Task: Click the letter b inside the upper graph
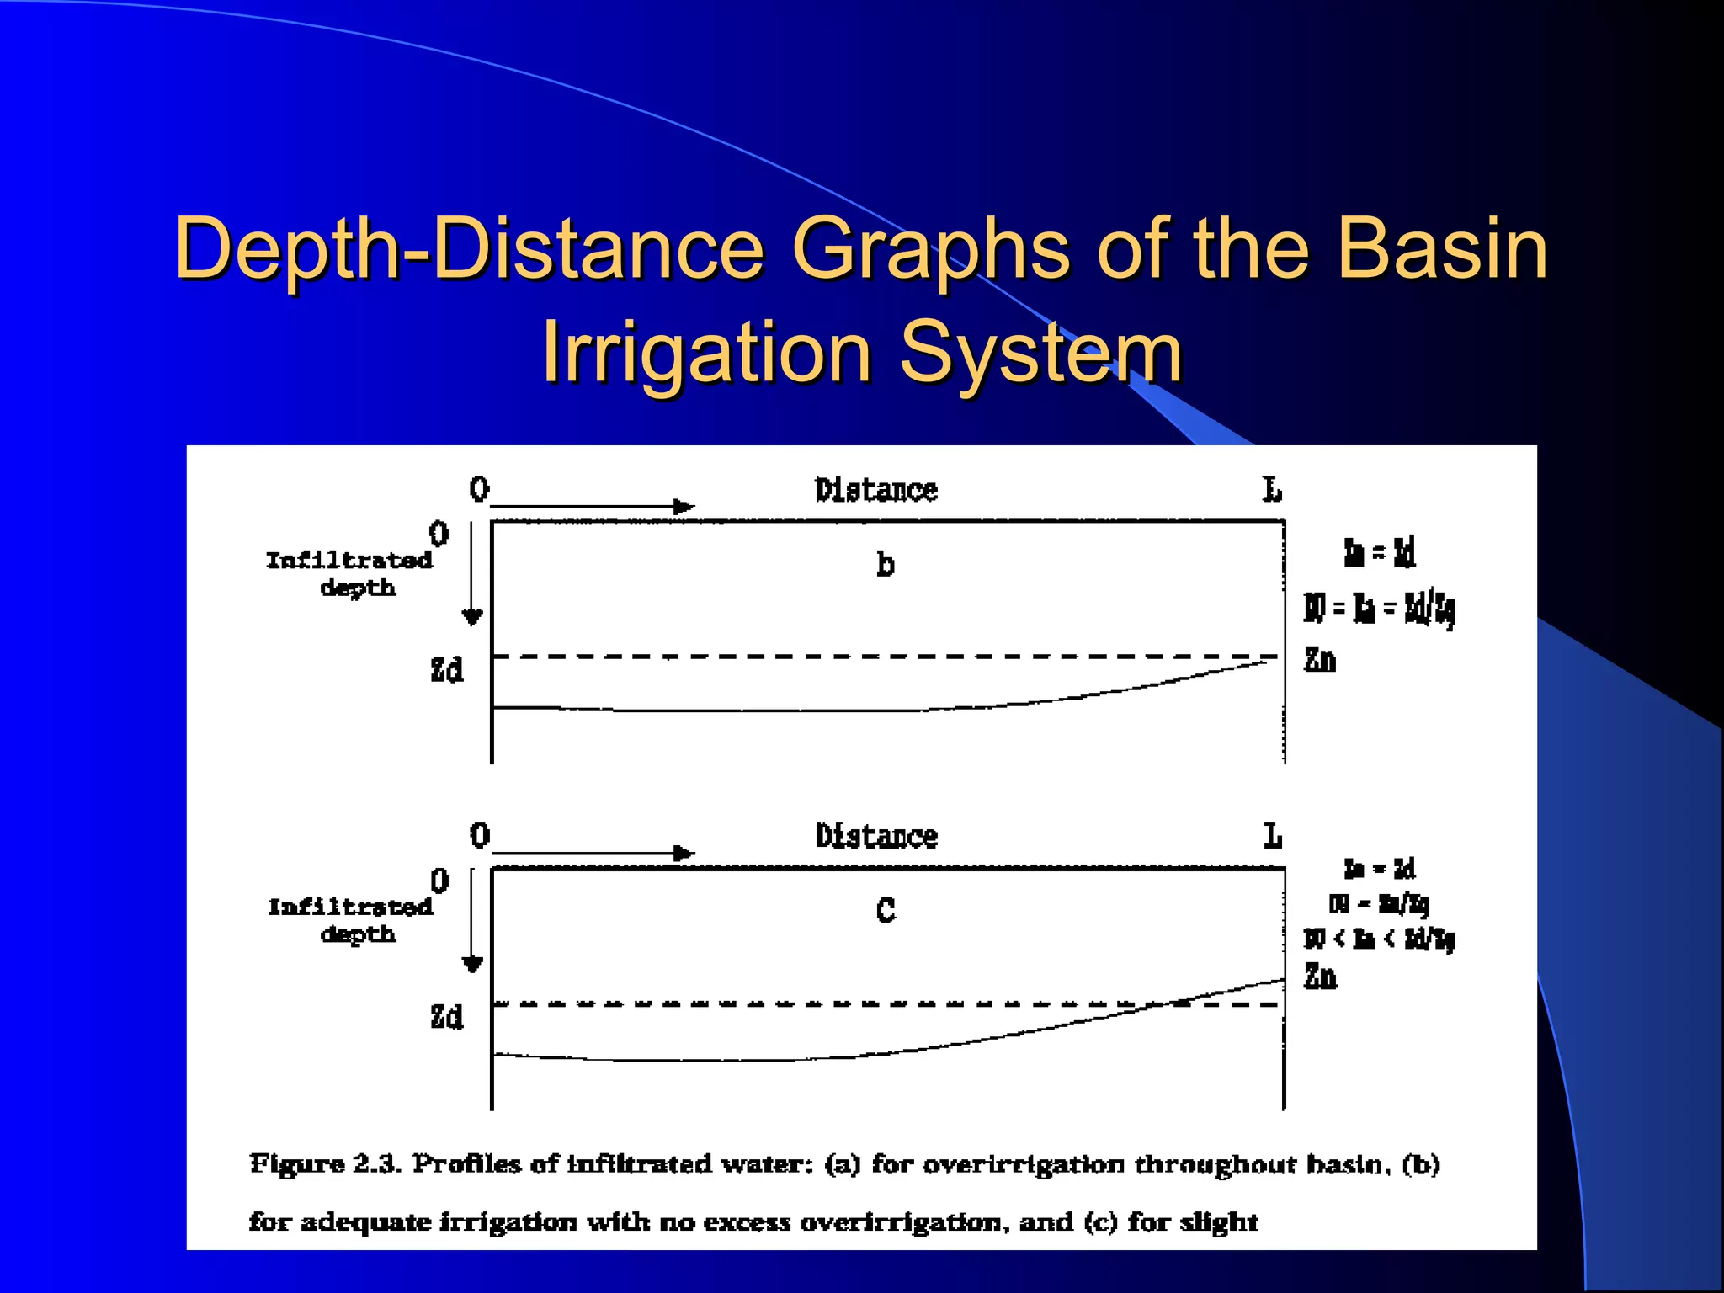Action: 885,564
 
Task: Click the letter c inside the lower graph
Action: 886,911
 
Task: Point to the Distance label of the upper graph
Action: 875,490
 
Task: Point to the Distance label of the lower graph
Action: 875,836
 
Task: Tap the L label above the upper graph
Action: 1272,489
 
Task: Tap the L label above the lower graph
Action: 1272,836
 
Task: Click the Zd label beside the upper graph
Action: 446,670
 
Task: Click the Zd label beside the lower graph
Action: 446,1017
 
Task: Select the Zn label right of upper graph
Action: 1319,659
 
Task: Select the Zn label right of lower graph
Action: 1319,976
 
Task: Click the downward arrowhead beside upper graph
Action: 472,617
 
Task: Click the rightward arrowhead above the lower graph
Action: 684,854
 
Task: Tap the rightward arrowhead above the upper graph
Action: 684,507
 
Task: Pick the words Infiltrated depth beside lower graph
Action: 350,920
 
